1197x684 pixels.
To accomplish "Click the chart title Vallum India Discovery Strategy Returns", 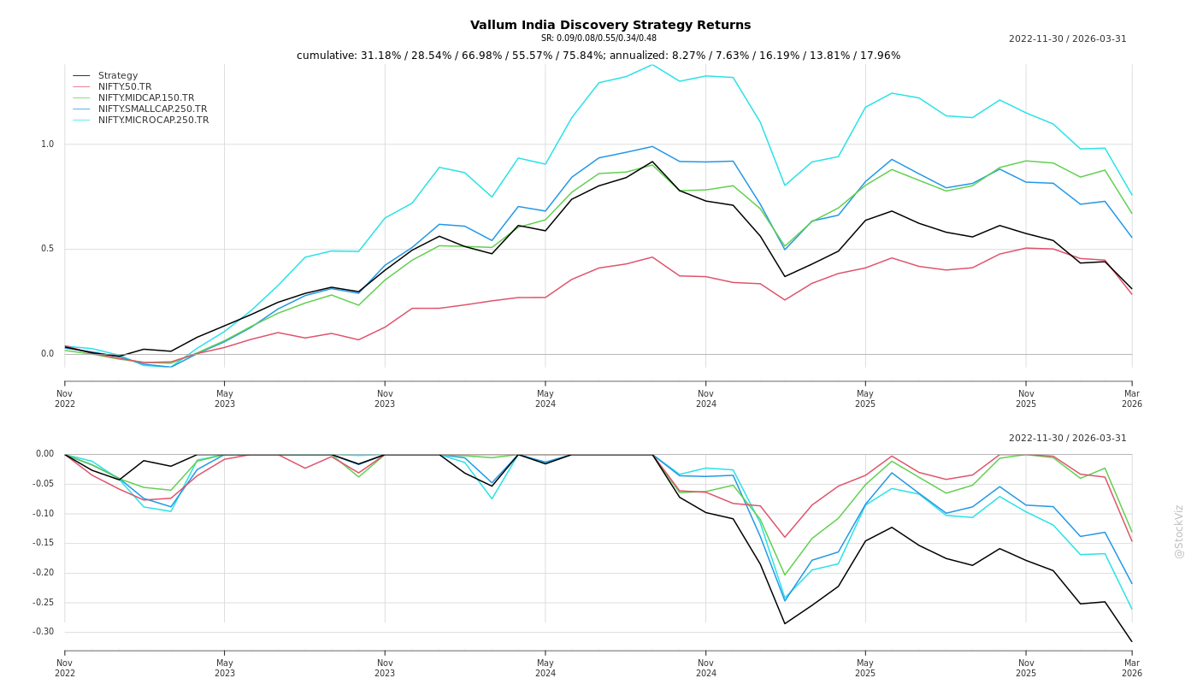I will point(610,26).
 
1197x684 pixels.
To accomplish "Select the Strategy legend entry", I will point(118,76).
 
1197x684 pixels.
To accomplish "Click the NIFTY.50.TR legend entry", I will point(125,87).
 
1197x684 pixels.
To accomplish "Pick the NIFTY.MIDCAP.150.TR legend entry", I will point(146,98).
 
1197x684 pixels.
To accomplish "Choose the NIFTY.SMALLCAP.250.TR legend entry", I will point(152,109).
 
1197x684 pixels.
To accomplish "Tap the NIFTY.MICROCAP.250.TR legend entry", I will point(153,121).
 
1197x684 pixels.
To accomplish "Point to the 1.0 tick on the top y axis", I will point(47,144).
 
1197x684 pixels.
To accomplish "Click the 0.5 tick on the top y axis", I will point(47,250).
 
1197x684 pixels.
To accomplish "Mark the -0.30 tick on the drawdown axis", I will point(44,633).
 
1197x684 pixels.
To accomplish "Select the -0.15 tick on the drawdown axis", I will point(44,543).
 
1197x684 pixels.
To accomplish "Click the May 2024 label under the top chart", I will point(545,399).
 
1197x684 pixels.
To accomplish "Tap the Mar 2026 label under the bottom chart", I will point(1131,668).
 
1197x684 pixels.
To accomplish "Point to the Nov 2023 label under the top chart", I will point(385,399).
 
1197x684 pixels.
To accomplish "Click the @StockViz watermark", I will point(1179,531).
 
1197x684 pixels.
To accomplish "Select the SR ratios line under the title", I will point(598,38).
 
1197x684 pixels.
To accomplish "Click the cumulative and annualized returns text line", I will point(598,56).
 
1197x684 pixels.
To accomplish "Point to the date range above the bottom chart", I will point(1067,439).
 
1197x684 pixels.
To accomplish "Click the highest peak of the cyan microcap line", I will point(652,65).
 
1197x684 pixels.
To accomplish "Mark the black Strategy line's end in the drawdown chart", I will point(1131,641).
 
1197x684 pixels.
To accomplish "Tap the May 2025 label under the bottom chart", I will point(865,668).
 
